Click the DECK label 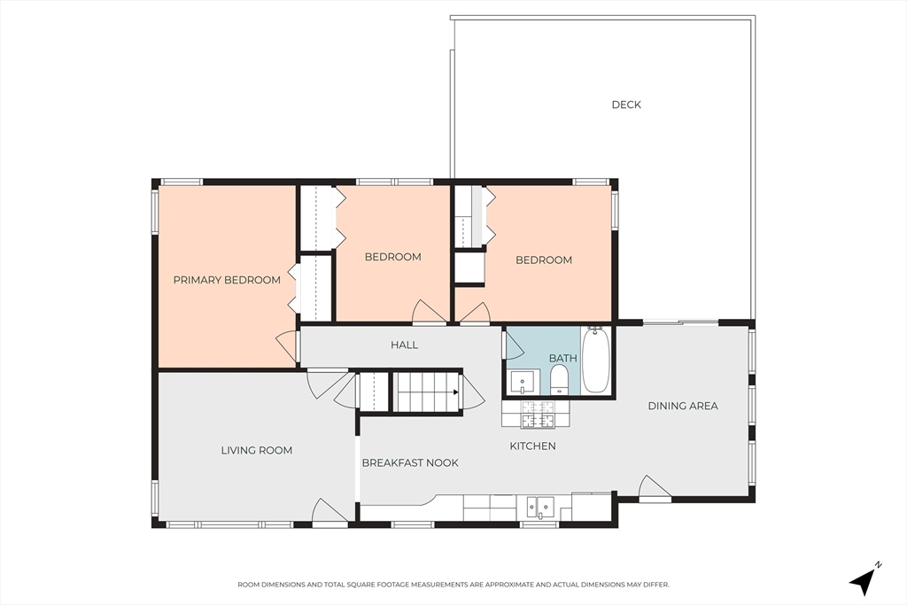click(626, 105)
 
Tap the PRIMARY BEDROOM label click(227, 280)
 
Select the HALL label click(404, 345)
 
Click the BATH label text click(562, 359)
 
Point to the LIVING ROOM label click(257, 451)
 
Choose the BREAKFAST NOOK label click(410, 462)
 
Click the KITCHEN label click(532, 446)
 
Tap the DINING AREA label click(683, 406)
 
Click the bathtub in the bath click(595, 361)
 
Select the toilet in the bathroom click(560, 380)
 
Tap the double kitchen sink click(540, 508)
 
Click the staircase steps click(426, 392)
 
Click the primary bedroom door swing click(287, 345)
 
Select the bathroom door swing click(514, 344)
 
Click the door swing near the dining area click(655, 486)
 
